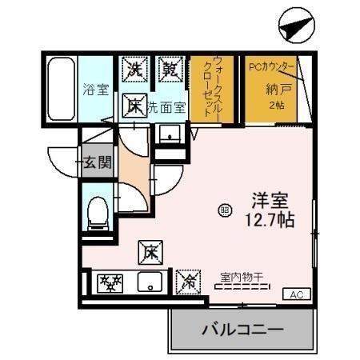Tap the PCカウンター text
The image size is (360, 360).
[272, 66]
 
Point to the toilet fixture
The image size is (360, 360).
[98, 211]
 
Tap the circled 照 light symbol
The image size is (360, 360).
[224, 210]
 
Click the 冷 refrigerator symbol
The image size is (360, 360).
[188, 280]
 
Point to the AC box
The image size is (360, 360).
[295, 294]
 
